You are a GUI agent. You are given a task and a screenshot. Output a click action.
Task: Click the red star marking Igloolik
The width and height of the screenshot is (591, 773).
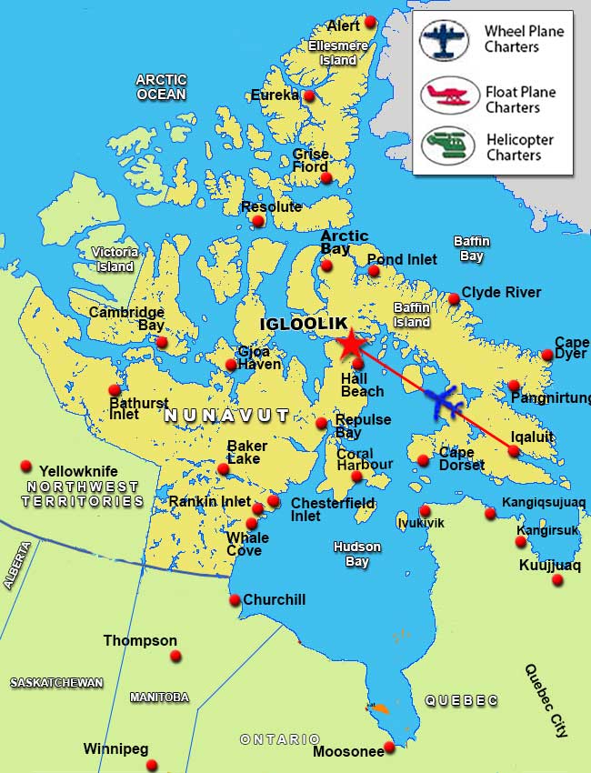[x=349, y=345]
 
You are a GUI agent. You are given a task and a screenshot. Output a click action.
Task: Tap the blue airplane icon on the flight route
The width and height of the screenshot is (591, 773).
[x=443, y=401]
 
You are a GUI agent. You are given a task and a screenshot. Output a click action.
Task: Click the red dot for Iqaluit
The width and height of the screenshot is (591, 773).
[x=515, y=450]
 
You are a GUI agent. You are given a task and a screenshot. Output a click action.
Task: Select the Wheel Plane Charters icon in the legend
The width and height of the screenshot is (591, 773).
[x=444, y=39]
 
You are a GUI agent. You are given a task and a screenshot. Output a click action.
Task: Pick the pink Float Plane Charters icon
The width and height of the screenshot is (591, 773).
[x=448, y=94]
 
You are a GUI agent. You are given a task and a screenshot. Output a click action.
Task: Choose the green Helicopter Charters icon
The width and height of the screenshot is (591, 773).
[x=448, y=146]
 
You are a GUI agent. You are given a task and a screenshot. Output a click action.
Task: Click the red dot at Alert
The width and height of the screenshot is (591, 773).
[x=370, y=22]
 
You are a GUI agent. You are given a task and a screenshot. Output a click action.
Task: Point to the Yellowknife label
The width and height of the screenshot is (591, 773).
[x=78, y=471]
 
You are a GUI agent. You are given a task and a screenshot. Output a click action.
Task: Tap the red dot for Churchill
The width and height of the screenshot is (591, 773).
[x=235, y=599]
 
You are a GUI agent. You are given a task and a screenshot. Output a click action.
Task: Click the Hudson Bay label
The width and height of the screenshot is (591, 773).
[x=357, y=554]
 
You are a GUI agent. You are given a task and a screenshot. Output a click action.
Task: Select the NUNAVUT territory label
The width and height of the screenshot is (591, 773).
[x=226, y=416]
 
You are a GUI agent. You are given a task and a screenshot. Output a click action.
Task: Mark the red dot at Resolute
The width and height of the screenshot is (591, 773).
[x=258, y=221]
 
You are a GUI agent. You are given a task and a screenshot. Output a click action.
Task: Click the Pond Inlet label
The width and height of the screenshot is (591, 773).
[x=402, y=259]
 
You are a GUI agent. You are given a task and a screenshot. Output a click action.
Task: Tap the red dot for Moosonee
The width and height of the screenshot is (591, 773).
[x=389, y=747]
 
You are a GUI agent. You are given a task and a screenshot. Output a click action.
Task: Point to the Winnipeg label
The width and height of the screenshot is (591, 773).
[x=115, y=749]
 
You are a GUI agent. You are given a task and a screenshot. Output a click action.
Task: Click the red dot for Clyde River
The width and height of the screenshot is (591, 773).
[x=454, y=298]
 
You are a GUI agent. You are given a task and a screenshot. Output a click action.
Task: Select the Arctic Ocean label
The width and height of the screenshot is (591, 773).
[x=161, y=86]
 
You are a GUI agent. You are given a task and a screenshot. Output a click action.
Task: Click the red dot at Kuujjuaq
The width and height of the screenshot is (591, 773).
[x=557, y=579]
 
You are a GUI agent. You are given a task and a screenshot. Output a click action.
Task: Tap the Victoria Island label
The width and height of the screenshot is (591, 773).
[x=115, y=259]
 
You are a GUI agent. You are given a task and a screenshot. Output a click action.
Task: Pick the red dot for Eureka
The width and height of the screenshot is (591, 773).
[x=309, y=95]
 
